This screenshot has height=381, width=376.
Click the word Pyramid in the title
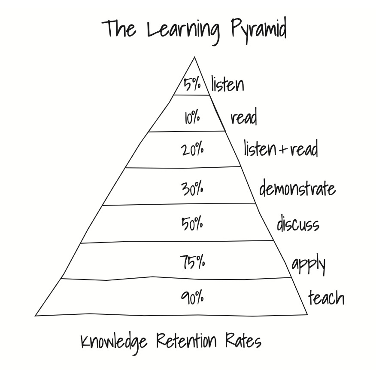(x=258, y=30)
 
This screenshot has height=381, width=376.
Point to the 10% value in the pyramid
(x=192, y=117)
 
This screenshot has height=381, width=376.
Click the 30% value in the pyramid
(x=192, y=188)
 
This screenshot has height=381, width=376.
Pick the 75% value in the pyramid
(x=192, y=262)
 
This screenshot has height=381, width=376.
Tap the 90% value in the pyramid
(x=192, y=298)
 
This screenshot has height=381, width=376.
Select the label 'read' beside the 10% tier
(x=244, y=117)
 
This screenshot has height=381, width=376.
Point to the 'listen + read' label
(x=281, y=149)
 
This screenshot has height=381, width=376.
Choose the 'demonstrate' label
(x=297, y=189)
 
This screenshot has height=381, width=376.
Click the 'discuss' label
(x=298, y=224)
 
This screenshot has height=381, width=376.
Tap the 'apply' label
(x=308, y=264)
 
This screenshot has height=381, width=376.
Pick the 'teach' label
(x=326, y=297)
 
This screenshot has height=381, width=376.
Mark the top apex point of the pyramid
(x=194, y=57)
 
